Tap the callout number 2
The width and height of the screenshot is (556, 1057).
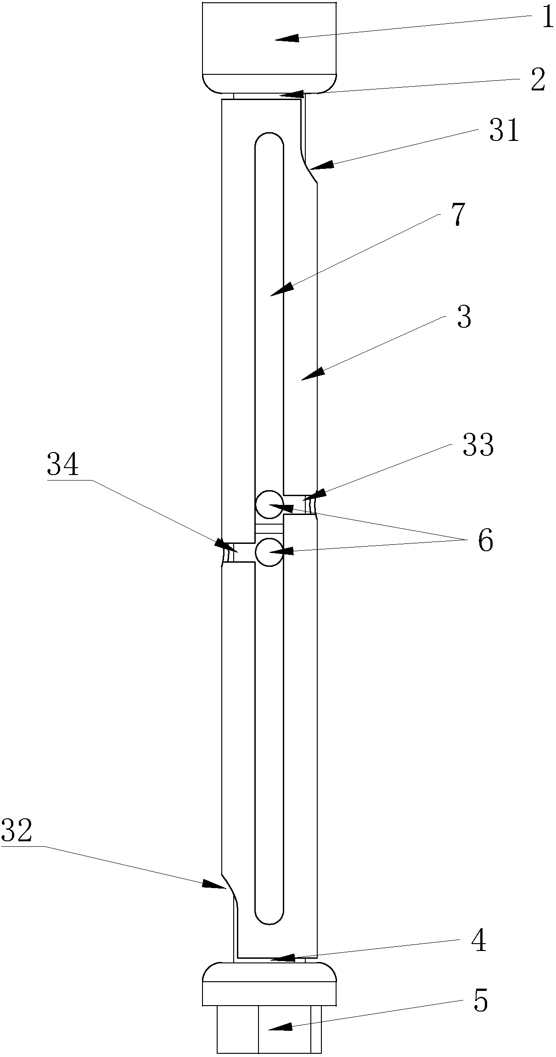537,80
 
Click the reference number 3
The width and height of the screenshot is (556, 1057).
464,317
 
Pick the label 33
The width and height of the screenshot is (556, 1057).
478,445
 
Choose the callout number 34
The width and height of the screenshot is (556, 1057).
63,465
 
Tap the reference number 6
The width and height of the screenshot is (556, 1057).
485,541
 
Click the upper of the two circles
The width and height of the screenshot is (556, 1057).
269,503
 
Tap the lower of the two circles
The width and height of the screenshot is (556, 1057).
269,552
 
